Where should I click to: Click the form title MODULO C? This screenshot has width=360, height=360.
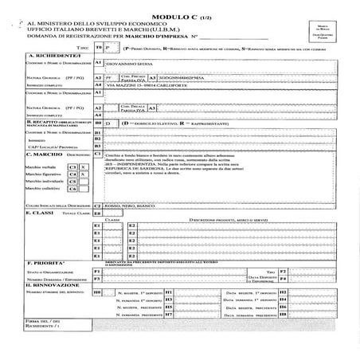[x=180, y=10]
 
